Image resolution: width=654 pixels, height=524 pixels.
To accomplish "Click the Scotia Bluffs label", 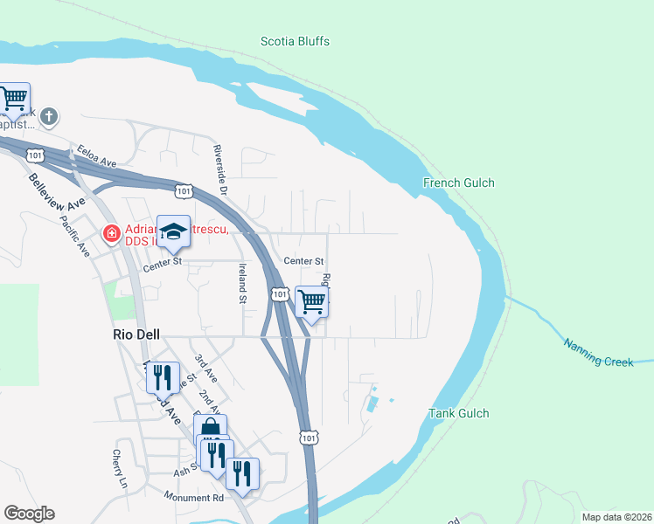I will [x=296, y=41].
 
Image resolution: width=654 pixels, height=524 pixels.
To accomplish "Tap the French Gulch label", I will [x=458, y=183].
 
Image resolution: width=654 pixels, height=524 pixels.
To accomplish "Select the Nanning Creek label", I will [x=598, y=353].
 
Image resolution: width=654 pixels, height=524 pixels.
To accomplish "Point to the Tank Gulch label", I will [x=458, y=413].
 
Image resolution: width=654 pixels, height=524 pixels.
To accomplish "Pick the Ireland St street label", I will [x=242, y=285].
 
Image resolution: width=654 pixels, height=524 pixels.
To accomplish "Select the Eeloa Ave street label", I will [x=96, y=155].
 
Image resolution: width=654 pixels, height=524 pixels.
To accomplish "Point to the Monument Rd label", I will [x=193, y=497].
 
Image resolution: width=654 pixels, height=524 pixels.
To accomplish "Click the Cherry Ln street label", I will [x=119, y=468].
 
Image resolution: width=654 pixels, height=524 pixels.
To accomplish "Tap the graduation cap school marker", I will [x=173, y=231].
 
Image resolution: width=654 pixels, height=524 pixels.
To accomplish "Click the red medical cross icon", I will [x=111, y=233].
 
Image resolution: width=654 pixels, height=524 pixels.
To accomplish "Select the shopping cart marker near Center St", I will [x=311, y=302].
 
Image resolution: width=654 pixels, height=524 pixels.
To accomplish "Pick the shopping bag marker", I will [x=210, y=428].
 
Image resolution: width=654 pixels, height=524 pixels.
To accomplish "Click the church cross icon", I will [x=50, y=115].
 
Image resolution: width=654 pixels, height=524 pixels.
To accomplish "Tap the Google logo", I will [x=29, y=514].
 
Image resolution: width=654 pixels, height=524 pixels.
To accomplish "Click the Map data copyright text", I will [x=616, y=517].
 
